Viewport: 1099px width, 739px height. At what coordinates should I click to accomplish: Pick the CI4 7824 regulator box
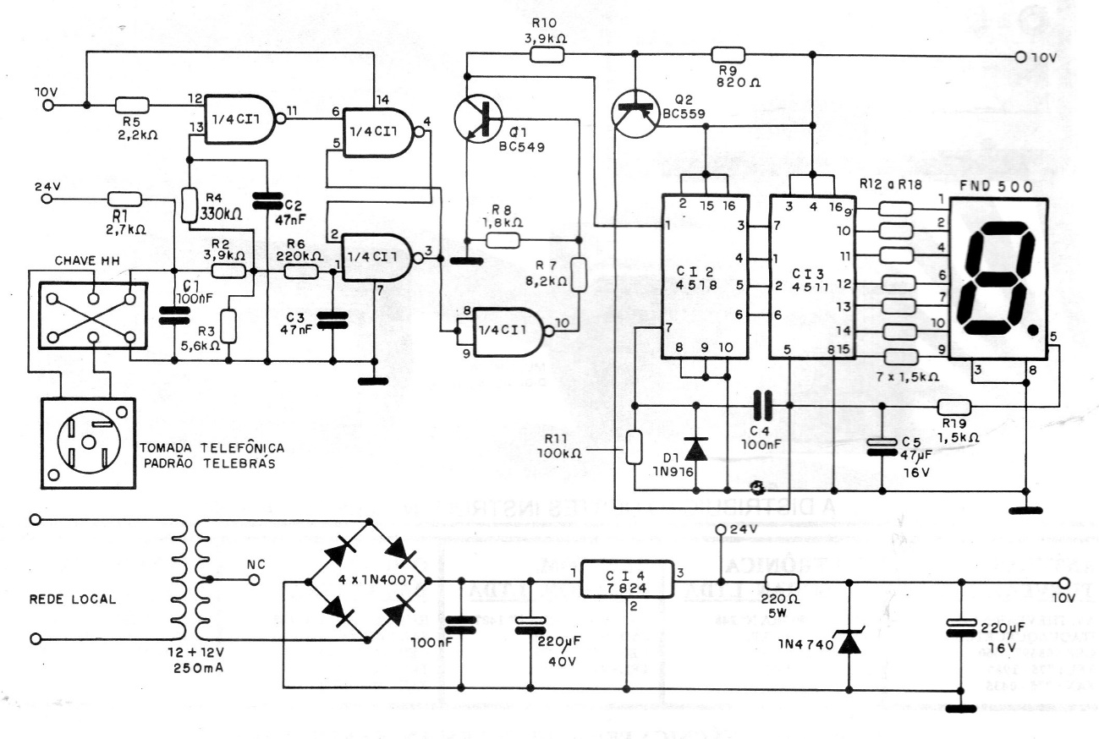tap(627, 581)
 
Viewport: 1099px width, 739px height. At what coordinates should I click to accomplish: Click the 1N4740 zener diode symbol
tap(848, 642)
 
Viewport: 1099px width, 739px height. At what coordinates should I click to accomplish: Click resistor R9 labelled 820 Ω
tap(728, 55)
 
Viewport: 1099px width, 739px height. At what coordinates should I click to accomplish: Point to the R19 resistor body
tap(954, 407)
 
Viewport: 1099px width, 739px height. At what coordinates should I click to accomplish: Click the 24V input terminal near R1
tap(48, 199)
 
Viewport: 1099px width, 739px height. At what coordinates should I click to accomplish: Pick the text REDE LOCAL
tap(73, 599)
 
